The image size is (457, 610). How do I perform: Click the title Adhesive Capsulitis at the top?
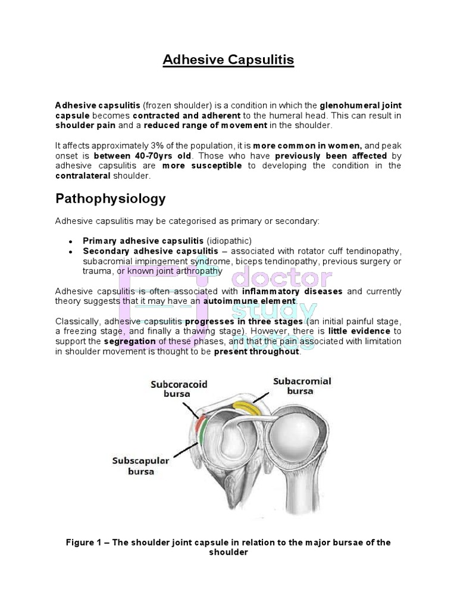228,60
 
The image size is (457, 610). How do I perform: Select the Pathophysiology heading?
110,198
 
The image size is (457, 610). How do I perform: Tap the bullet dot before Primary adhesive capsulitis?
71,241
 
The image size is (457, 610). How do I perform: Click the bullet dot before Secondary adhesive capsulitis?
71,251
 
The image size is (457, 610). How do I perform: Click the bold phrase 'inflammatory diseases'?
292,291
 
